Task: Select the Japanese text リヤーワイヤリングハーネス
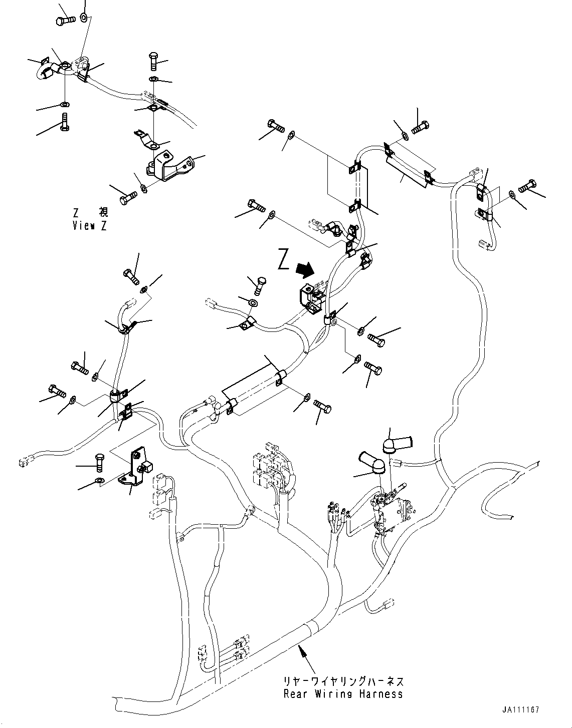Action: click(344, 681)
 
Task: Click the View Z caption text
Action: click(90, 225)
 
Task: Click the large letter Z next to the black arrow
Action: click(284, 259)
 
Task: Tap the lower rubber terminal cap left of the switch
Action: click(372, 462)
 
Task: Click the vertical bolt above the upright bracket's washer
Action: click(100, 463)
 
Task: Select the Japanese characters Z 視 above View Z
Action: click(91, 212)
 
